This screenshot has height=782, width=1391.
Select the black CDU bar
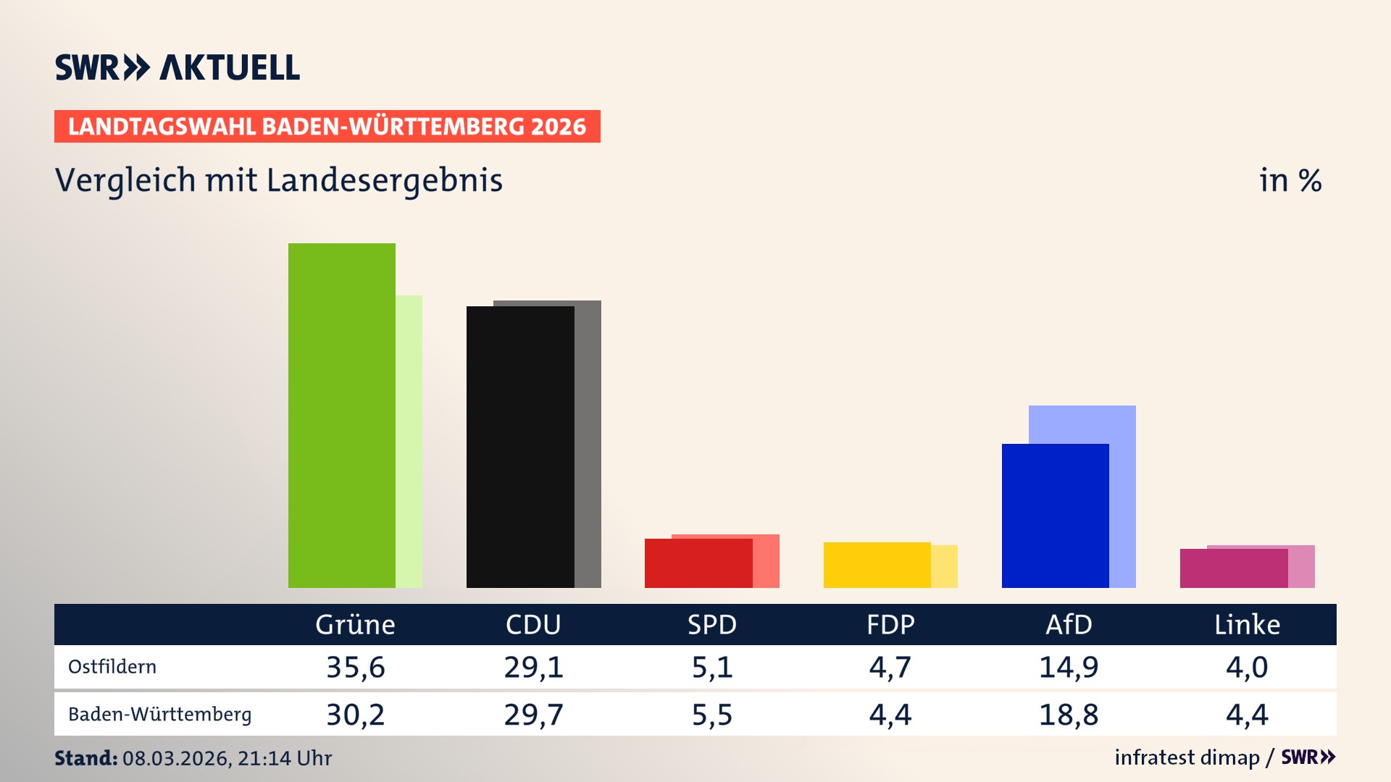click(x=520, y=447)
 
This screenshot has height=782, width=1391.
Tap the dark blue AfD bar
click(x=1055, y=516)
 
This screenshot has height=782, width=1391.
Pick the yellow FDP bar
click(x=877, y=565)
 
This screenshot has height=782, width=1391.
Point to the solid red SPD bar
click(x=698, y=563)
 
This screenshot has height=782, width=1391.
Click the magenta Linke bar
click(x=1233, y=568)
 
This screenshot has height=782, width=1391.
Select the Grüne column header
click(x=355, y=624)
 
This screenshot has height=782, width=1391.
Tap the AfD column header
click(x=1069, y=624)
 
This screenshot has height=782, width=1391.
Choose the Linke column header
click(x=1247, y=624)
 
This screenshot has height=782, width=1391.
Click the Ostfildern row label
click(x=112, y=667)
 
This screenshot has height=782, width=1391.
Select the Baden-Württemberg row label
click(x=159, y=715)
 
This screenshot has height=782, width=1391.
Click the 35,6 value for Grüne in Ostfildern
click(x=355, y=667)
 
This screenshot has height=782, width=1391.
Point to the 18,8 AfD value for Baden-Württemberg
click(x=1069, y=715)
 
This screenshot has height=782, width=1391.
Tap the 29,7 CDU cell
click(x=533, y=715)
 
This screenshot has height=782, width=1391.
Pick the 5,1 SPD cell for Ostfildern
click(x=712, y=667)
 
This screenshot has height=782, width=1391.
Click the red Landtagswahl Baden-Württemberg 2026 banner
click(x=327, y=127)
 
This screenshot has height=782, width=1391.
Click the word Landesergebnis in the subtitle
click(x=384, y=180)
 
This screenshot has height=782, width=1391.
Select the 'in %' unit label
click(x=1290, y=180)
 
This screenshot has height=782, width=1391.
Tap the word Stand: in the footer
click(x=85, y=758)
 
